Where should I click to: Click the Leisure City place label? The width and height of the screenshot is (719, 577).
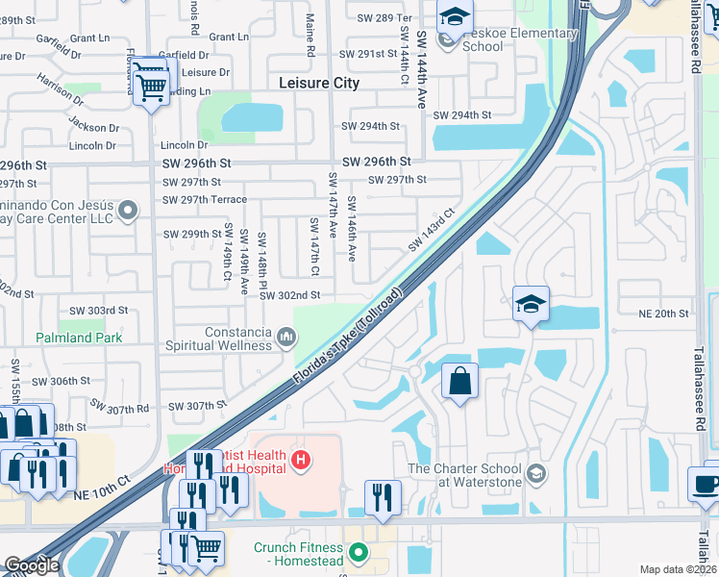tap(319, 83)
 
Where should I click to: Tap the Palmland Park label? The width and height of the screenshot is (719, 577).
tap(80, 339)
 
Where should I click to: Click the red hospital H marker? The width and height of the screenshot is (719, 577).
tap(301, 461)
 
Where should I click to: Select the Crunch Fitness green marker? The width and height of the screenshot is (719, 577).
tap(359, 552)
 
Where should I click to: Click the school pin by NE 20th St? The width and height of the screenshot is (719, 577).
tap(531, 304)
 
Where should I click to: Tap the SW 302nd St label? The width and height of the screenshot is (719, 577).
tap(296, 295)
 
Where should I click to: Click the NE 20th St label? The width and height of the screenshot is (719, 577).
tap(664, 314)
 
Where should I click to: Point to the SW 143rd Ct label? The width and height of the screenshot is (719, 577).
tap(430, 231)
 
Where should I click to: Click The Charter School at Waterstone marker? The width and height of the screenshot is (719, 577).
tap(535, 472)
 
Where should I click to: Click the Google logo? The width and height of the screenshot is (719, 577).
tap(32, 565)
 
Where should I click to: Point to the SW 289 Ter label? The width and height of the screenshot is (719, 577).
tap(384, 17)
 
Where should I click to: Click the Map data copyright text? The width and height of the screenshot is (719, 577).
tap(678, 569)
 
